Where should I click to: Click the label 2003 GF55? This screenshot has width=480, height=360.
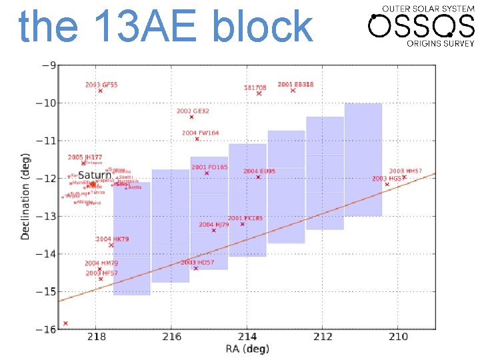coord(101,85)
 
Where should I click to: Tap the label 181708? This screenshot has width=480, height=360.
coord(255,87)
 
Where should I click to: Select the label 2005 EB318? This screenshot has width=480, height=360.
coord(295,85)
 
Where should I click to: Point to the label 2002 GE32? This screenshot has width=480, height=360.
coord(193,111)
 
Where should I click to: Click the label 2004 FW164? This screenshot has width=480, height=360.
coord(200,133)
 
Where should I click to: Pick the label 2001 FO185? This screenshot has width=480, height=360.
coord(209,167)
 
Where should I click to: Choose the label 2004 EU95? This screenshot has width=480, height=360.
coord(259,171)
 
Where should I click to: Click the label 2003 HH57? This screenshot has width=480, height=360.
coord(405,171)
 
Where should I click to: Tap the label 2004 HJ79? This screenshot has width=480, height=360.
coord(213,225)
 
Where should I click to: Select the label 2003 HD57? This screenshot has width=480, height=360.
coord(197,262)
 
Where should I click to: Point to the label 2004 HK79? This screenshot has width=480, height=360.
coord(112,239)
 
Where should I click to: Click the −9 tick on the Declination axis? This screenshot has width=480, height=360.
coord(49,65)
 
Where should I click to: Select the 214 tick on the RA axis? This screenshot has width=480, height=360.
coord(247,337)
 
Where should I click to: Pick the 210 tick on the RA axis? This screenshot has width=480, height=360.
coord(398,337)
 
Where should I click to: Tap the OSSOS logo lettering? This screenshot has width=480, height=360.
coord(421,27)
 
